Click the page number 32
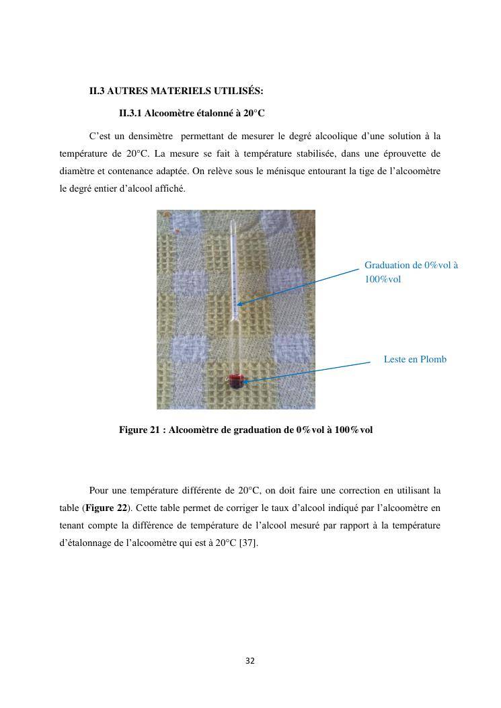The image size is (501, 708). click(x=250, y=661)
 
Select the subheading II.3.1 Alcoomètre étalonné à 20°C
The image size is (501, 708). click(x=192, y=113)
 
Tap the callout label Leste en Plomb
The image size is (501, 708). click(x=415, y=359)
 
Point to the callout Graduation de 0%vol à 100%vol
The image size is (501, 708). click(x=411, y=272)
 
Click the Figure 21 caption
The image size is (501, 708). click(x=245, y=429)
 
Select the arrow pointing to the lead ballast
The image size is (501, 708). click(x=306, y=372)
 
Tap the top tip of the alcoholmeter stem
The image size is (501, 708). click(x=232, y=222)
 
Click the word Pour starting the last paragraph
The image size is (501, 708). click(x=98, y=489)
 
